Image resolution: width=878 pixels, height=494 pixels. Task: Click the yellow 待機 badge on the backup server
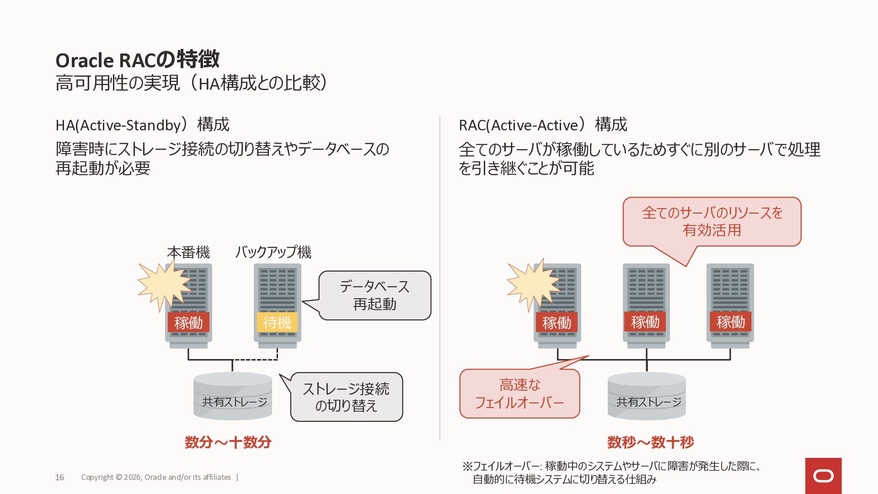point(277,322)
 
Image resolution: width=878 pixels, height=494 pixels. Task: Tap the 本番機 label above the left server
point(188,252)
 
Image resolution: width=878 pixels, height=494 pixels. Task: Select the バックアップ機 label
point(273,252)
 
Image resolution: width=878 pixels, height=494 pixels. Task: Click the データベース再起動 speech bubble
point(375,295)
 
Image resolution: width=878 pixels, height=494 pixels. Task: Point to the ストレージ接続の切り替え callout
point(346,397)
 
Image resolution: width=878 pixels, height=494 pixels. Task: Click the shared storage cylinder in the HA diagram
point(233,396)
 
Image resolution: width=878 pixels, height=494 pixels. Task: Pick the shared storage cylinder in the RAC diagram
point(647,396)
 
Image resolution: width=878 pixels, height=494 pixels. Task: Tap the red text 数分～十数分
point(228,442)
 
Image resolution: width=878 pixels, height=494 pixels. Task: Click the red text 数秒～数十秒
point(650,442)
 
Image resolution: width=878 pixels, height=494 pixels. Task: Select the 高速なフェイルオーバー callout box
point(519,393)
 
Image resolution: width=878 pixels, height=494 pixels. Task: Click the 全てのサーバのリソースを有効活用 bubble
point(712,221)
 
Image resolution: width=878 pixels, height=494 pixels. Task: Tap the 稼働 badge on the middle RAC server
point(645,322)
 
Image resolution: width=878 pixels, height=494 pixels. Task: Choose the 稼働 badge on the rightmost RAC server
point(730,322)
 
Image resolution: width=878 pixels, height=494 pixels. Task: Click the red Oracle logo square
point(823,476)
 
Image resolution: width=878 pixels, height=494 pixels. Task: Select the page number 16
point(59,478)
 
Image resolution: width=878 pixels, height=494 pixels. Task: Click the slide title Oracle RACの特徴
point(137,60)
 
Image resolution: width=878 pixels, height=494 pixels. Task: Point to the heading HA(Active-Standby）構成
point(142,125)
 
